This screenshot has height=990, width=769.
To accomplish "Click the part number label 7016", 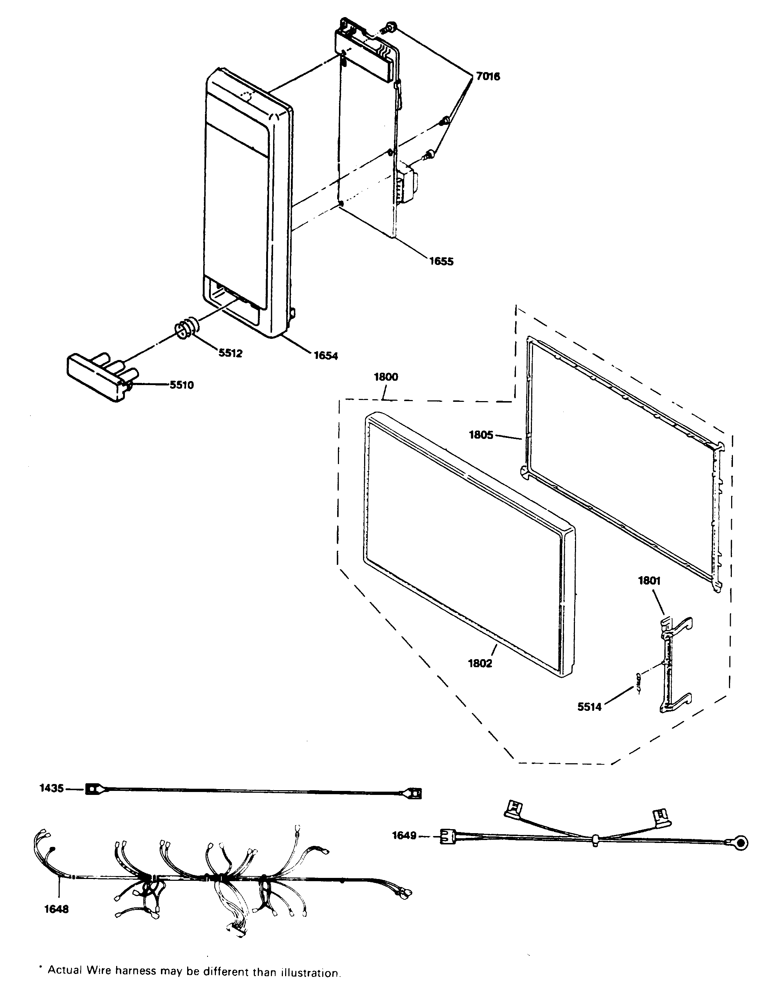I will coord(488,76).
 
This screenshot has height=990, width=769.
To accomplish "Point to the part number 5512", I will coord(230,353).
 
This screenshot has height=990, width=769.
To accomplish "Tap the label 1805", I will coord(481,435).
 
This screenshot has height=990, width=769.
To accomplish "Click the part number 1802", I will coord(480,663).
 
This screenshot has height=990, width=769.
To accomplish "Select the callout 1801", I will coord(649,581).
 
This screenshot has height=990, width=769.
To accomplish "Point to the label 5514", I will coord(589,706).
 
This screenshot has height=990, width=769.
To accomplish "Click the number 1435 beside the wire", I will coord(52,788).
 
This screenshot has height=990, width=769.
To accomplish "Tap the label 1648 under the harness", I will coord(56,909).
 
